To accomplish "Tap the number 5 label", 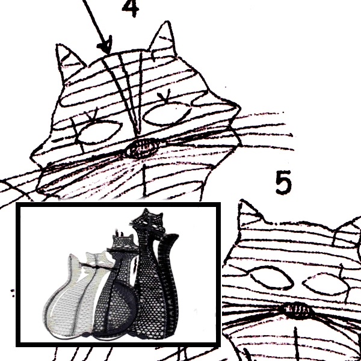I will (x=284, y=183).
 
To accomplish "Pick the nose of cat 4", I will (x=143, y=146).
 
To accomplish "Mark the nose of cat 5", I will (x=297, y=310).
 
